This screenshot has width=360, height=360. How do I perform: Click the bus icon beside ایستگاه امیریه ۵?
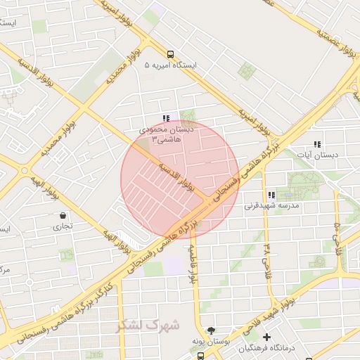[x=171, y=54]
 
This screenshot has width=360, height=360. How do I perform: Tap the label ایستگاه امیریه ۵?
[x=171, y=65]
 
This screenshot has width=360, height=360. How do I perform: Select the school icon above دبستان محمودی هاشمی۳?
[x=166, y=119]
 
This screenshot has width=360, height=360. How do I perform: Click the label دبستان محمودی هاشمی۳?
[x=162, y=135]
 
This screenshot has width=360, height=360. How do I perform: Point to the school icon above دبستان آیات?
[x=317, y=143]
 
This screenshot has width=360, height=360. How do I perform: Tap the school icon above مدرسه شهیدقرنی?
[x=271, y=195]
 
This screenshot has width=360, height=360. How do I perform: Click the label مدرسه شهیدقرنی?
[x=271, y=206]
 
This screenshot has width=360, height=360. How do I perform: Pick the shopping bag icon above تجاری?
[x=64, y=215]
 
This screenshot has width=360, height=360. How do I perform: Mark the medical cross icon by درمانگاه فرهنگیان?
[x=266, y=337]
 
